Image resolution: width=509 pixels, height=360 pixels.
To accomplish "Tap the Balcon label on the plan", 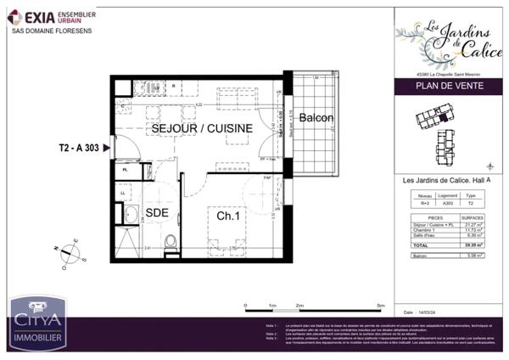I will (x=316, y=117).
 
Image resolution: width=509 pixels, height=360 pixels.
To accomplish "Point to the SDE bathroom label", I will (x=155, y=212).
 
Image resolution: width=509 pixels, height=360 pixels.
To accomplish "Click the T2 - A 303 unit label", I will (x=79, y=148).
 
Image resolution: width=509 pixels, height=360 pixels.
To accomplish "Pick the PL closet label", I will (x=125, y=170).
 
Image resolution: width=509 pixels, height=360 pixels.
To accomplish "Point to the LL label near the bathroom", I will (x=124, y=194).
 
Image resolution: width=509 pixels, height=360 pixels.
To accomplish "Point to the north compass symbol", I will (x=67, y=251).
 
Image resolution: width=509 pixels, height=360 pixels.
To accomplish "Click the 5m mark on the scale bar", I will (x=381, y=303).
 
